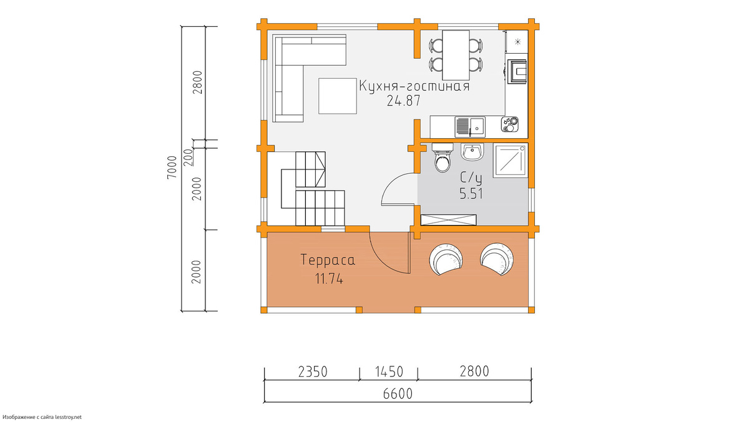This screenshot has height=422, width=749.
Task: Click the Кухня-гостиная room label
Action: [414, 86]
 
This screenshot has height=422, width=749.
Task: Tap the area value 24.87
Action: [403, 101]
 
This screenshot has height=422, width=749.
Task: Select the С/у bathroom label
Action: [471, 179]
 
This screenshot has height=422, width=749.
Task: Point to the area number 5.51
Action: [471, 194]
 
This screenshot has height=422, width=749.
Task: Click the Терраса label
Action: [328, 260]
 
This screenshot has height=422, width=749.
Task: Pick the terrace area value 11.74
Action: [329, 279]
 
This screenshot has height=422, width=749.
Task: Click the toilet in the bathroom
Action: [443, 157]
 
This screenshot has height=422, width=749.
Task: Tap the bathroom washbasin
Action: [472, 152]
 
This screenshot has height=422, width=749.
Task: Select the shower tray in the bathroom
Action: [511, 161]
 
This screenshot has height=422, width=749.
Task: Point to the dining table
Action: [456, 55]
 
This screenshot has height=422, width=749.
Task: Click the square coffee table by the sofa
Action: [338, 96]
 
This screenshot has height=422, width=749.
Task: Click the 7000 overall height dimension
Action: [172, 168]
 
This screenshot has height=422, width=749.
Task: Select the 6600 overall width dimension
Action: [398, 394]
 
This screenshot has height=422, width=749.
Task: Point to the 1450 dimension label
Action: [389, 372]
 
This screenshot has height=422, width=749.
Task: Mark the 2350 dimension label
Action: [313, 372]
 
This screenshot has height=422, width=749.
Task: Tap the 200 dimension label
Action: [188, 157]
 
